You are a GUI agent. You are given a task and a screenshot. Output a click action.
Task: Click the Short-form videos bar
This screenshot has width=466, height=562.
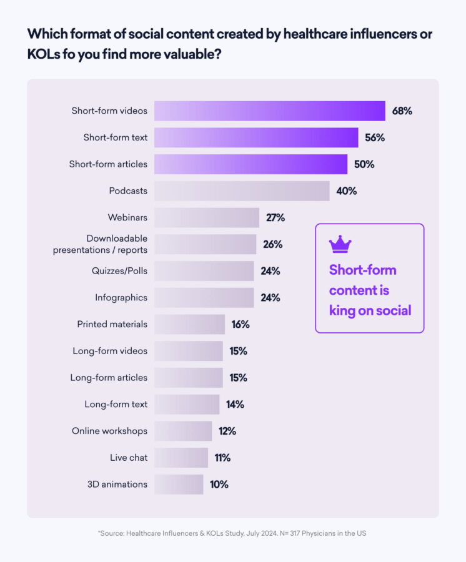click(269, 111)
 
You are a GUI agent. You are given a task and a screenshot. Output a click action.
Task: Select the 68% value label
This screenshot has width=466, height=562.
click(402, 111)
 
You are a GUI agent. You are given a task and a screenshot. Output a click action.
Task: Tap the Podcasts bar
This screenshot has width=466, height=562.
click(242, 191)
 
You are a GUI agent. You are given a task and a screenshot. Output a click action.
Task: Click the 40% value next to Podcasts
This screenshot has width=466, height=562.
click(347, 191)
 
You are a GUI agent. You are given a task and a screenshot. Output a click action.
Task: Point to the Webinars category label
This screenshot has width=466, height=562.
click(127, 217)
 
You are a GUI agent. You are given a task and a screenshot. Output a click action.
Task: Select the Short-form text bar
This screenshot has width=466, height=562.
click(256, 137)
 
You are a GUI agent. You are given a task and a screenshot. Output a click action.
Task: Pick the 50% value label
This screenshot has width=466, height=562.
click(364, 164)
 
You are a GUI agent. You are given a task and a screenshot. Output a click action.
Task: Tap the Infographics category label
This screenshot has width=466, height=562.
click(121, 297)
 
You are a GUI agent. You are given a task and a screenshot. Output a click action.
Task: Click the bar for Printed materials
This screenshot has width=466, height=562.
click(189, 324)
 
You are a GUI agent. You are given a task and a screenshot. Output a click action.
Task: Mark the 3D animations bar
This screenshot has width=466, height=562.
click(179, 484)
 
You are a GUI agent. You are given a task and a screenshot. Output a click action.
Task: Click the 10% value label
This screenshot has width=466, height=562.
click(219, 484)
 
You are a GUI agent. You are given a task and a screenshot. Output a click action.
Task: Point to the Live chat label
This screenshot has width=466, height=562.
click(129, 458)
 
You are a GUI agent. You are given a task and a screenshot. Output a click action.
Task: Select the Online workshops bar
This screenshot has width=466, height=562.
click(183, 431)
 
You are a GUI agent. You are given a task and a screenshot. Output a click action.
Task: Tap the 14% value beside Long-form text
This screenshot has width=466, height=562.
click(235, 404)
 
